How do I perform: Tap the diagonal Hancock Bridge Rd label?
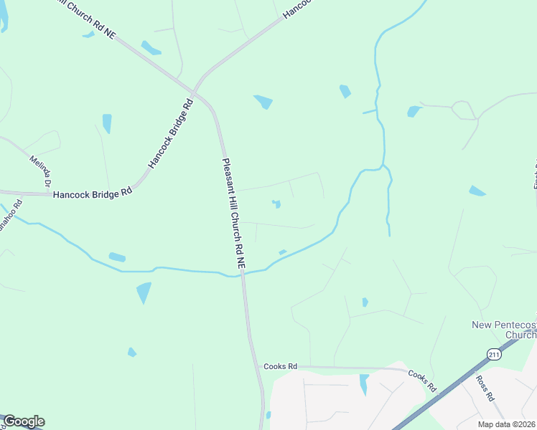[x=171, y=134]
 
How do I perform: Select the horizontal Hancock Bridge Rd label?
[x=93, y=193]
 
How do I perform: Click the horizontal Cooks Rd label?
[x=280, y=366]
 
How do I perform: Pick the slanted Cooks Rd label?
[x=423, y=380]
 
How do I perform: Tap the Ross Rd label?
[x=486, y=388]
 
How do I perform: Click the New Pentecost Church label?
[x=504, y=330]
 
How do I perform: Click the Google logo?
[x=24, y=421]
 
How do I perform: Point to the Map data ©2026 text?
[x=507, y=424]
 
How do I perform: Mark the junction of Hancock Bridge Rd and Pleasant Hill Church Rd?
[x=195, y=91]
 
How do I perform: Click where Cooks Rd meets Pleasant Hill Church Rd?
[x=257, y=366]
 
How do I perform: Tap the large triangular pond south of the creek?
[x=144, y=292]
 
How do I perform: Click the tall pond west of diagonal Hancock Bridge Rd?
[x=107, y=123]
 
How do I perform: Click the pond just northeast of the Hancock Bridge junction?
[x=263, y=102]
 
